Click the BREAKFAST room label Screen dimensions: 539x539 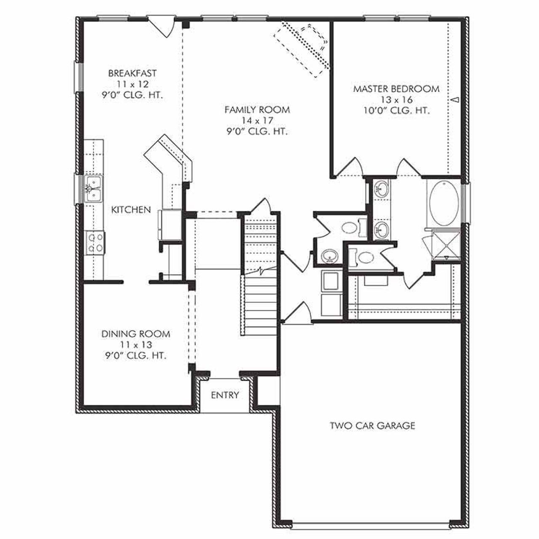[x=132, y=73]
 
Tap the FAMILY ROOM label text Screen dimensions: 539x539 [x=257, y=110]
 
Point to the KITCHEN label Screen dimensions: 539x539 [x=131, y=209]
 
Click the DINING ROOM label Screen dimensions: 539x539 [x=136, y=334]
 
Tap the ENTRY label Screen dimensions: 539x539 [x=225, y=395]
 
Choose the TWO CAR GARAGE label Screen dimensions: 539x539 [x=372, y=425]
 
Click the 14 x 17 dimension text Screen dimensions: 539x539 [x=257, y=121]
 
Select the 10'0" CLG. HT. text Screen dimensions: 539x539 [x=396, y=111]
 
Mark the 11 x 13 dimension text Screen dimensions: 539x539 [x=136, y=345]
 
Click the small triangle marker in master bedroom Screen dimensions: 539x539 [x=455, y=100]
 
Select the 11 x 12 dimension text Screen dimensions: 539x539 [x=132, y=84]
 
